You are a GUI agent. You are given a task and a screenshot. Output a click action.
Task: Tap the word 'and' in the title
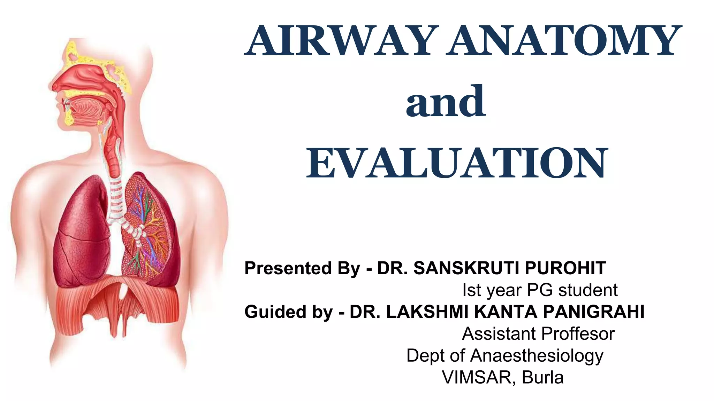tap(446, 102)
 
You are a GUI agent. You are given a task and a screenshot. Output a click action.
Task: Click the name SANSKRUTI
tap(467, 268)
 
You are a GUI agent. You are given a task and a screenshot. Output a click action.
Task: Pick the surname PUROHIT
tap(565, 268)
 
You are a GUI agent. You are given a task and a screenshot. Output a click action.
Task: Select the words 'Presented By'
tap(302, 268)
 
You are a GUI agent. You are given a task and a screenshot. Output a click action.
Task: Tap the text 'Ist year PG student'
tap(540, 290)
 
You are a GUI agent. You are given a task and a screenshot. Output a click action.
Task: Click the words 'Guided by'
tap(289, 312)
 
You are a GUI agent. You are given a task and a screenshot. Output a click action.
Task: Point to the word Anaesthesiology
tap(537, 356)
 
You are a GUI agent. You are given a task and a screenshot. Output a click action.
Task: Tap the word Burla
tap(542, 377)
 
